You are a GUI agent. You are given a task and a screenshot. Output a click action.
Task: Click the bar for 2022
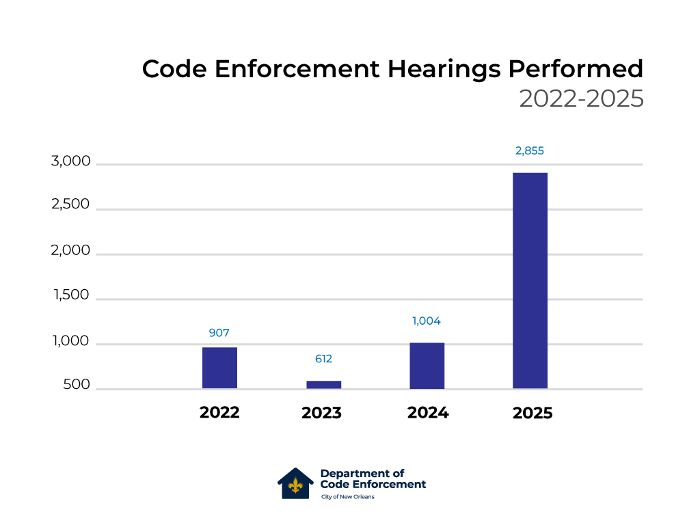219,368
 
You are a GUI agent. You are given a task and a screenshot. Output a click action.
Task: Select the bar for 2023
323,385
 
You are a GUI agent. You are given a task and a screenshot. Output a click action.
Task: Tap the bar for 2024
427,366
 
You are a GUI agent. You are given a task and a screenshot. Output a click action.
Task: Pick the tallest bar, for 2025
530,280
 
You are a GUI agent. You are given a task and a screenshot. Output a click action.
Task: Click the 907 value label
219,334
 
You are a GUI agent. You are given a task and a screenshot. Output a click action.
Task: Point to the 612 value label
323,359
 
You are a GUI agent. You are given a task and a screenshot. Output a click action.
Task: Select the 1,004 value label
427,321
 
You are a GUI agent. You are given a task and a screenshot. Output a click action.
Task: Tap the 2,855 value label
530,151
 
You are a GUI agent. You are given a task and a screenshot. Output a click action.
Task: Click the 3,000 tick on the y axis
70,162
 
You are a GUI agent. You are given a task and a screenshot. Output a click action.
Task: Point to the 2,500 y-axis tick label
70,205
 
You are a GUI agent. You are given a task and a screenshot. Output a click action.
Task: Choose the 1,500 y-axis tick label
72,295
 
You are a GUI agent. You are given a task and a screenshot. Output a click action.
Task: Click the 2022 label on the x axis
219,413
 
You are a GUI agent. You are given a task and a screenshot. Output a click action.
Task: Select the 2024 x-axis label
428,413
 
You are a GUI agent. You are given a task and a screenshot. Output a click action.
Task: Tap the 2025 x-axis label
532,414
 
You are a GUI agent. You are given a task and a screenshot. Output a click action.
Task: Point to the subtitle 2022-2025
581,99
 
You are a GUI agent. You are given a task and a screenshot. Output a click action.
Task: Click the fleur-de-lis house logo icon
295,484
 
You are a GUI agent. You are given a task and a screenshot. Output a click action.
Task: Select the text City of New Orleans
347,497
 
